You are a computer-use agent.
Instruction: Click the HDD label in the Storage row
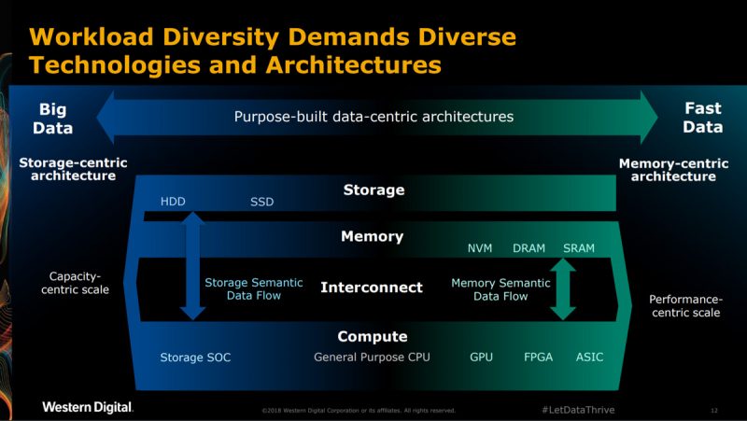point(173,202)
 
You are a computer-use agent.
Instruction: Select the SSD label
point(262,202)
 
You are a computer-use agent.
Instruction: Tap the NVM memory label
point(480,248)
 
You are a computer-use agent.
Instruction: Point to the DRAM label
point(529,248)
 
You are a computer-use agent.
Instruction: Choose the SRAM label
point(579,248)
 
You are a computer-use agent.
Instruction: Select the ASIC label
point(590,358)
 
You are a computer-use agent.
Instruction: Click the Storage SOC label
point(195,358)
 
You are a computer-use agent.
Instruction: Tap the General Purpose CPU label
point(372,358)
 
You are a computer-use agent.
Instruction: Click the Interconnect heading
point(372,288)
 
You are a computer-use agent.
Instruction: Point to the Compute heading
point(373,336)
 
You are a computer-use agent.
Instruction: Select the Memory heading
point(372,237)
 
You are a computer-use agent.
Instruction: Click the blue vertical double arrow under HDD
point(191,266)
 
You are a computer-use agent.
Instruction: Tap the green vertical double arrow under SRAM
point(562,289)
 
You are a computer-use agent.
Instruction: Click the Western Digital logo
point(88,407)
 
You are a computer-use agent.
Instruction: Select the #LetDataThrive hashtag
point(578,410)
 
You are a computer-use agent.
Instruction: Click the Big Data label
point(54,119)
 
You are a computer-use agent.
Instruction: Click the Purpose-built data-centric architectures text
point(373,117)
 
